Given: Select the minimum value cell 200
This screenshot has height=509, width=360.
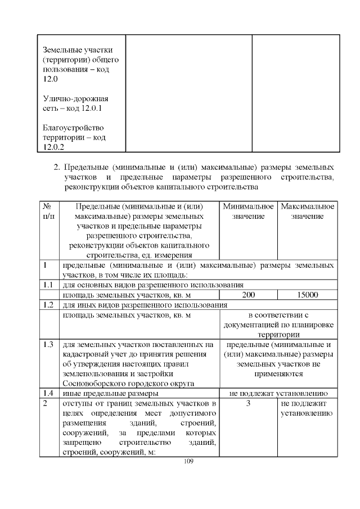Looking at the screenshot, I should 249,295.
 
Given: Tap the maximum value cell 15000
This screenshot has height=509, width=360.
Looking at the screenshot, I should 308,295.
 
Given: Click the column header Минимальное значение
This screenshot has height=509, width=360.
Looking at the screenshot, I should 248,211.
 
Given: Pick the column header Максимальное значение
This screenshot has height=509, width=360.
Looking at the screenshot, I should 308,211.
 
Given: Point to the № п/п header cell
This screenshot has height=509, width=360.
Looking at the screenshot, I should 49,211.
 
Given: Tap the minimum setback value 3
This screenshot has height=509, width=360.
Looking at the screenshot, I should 248,404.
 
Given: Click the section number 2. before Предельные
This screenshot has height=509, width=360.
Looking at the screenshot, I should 56,168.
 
